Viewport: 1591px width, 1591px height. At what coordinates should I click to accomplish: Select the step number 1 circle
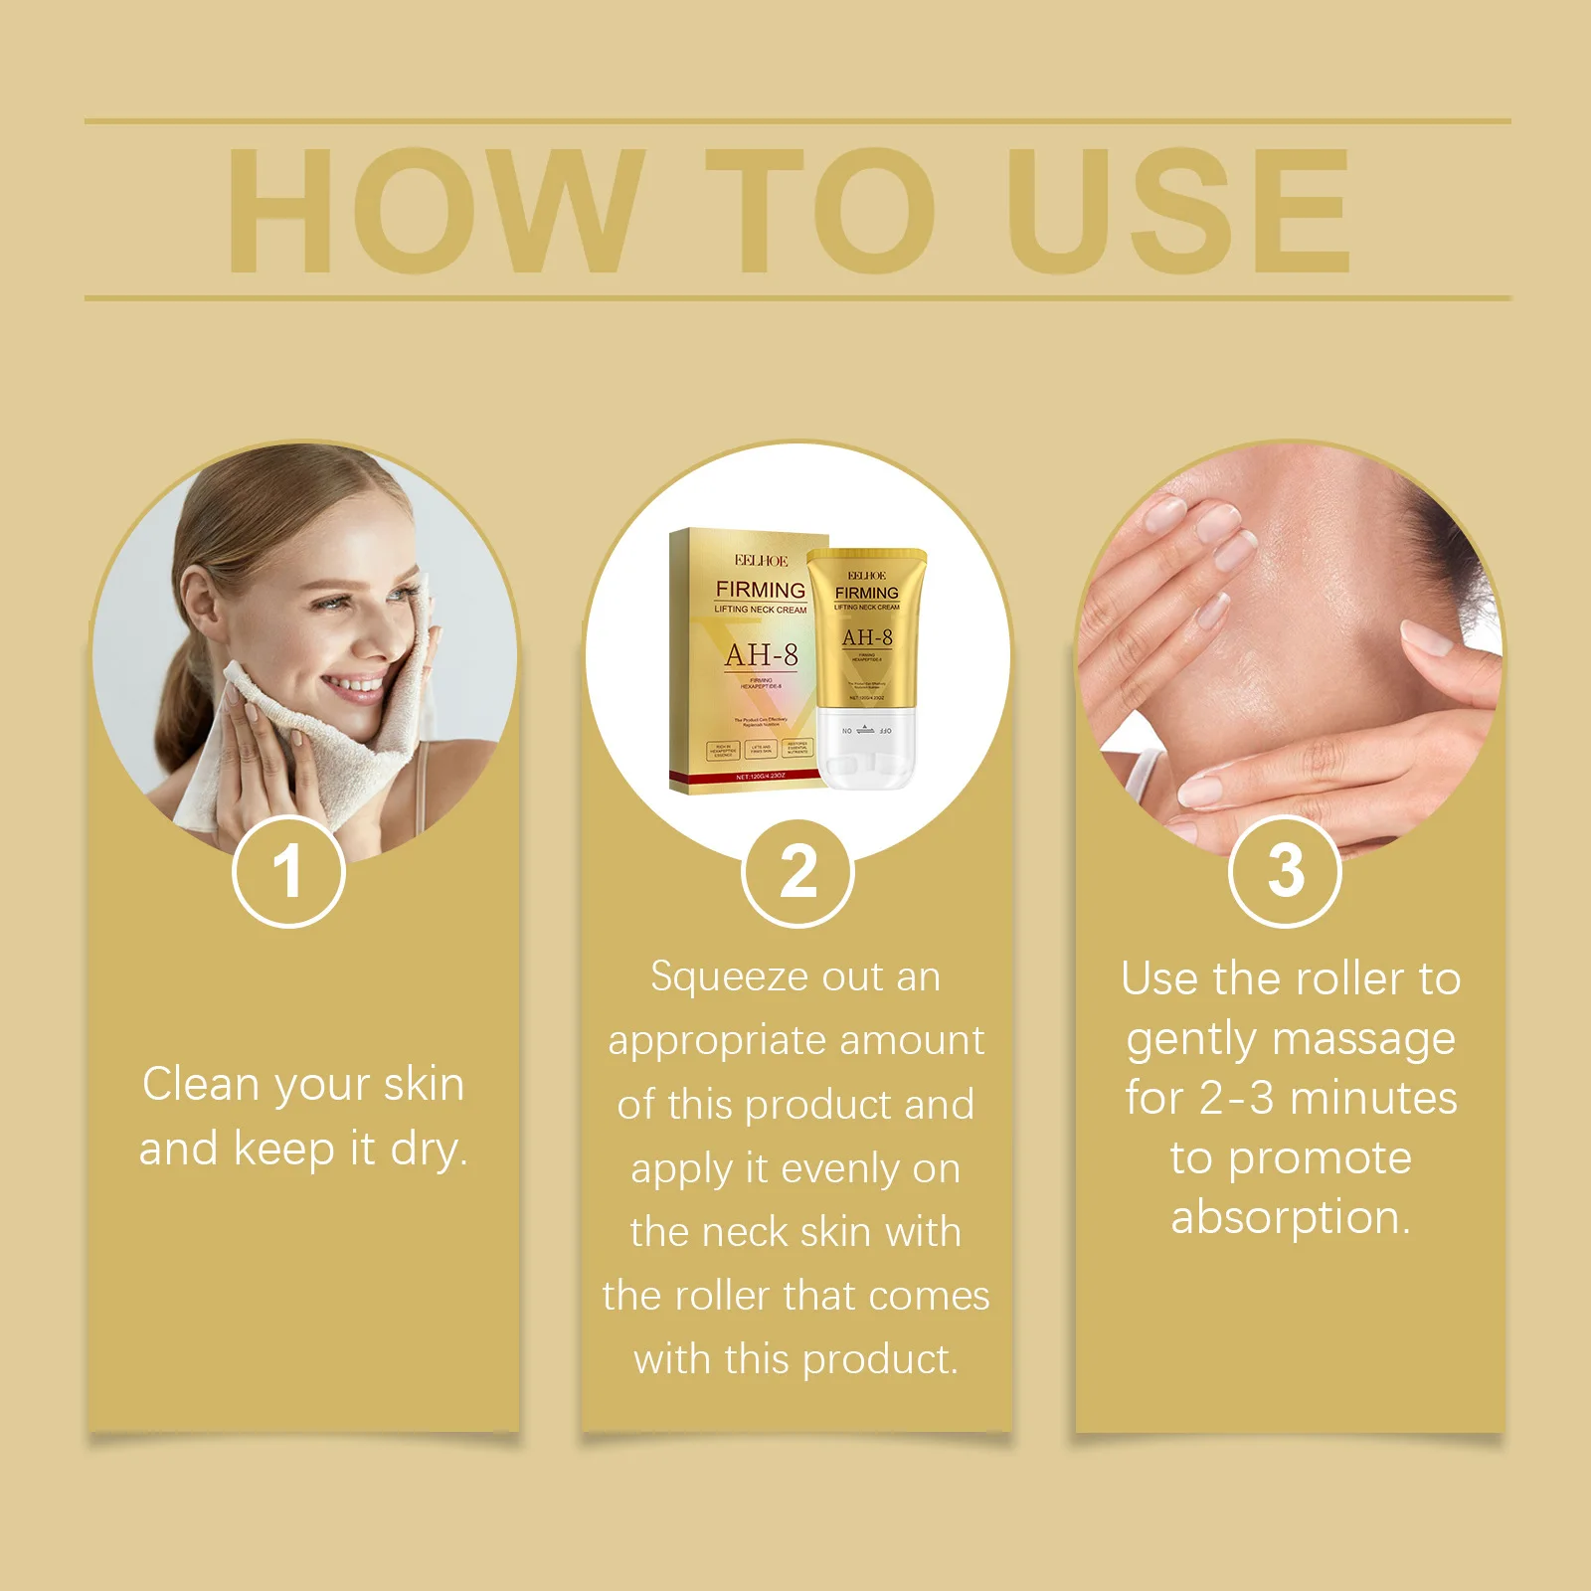coord(288,871)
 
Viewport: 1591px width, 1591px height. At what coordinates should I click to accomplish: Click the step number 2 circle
coord(797,872)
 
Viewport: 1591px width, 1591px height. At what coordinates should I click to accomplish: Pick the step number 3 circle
coord(1285,871)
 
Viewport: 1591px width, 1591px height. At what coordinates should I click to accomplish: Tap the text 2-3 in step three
coord(1236,1099)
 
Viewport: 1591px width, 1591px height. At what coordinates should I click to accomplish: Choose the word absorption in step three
coord(1289,1218)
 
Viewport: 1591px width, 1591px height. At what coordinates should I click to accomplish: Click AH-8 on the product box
coord(761,655)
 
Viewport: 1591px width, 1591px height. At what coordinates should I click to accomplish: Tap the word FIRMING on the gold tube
coord(866,593)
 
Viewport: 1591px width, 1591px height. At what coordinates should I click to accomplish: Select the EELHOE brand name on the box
coord(761,561)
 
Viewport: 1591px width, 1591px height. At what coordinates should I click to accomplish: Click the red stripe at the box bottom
coord(748,775)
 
